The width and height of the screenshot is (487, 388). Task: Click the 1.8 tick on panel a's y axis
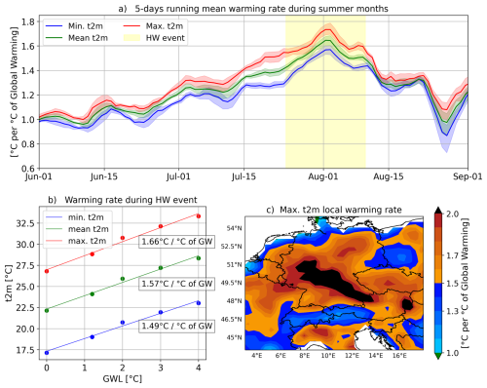(x=28, y=20)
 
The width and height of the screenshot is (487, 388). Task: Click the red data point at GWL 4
(x=199, y=215)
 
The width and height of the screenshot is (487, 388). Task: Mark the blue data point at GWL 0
(x=46, y=352)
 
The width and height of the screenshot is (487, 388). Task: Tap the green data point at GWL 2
(x=123, y=279)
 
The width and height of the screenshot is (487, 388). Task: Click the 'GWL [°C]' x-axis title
(x=122, y=382)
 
